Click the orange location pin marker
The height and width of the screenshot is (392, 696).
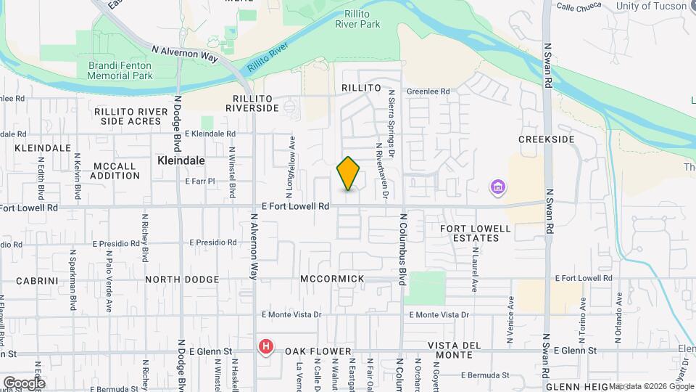click(x=349, y=173)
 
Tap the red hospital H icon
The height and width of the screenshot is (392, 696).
click(x=266, y=347)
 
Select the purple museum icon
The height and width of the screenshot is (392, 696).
click(x=497, y=189)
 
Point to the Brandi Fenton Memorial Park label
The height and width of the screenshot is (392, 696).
click(x=120, y=70)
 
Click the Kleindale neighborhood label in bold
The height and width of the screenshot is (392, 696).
click(x=181, y=160)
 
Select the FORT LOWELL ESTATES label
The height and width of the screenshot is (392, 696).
click(x=476, y=233)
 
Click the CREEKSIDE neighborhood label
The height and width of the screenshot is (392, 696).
click(x=547, y=139)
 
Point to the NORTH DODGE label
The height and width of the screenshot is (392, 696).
click(x=182, y=279)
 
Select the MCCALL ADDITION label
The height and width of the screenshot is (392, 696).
click(x=115, y=171)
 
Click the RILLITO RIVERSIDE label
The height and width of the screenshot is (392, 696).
click(x=252, y=103)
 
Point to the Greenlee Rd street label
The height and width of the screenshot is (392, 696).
click(x=428, y=92)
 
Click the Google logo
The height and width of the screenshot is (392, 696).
click(x=24, y=383)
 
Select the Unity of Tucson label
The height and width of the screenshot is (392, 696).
click(x=650, y=7)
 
